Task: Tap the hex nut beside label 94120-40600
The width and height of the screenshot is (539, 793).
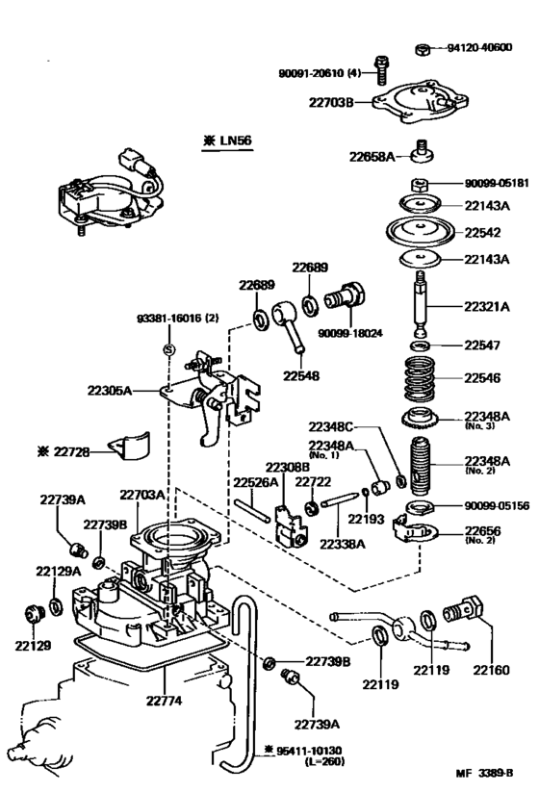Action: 423,47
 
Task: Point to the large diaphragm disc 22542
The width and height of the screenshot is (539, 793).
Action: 424,232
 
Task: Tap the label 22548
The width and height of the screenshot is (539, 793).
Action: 301,375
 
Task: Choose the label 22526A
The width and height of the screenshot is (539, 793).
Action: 255,482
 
